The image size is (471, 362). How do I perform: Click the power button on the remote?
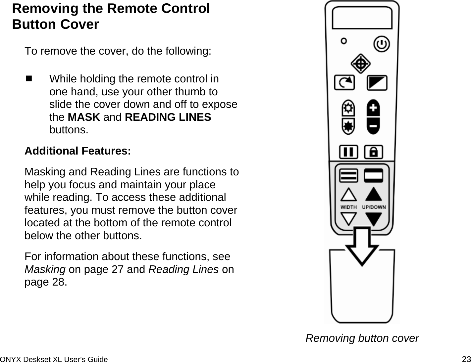(x=382, y=44)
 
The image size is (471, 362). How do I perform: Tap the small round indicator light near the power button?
(x=344, y=41)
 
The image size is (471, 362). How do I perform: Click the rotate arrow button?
(x=344, y=83)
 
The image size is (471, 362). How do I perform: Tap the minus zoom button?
(x=373, y=126)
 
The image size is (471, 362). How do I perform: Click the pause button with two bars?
(x=348, y=152)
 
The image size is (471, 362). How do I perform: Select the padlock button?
(x=373, y=152)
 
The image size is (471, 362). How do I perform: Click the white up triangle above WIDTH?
(x=348, y=195)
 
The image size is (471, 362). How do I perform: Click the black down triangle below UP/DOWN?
(x=374, y=219)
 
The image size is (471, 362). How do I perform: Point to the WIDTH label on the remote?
(x=349, y=207)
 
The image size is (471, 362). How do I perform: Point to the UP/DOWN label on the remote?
(x=374, y=207)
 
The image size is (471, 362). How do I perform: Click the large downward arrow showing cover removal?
(x=362, y=247)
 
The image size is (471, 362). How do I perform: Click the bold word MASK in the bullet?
(x=84, y=117)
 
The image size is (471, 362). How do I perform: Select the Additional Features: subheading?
(x=78, y=151)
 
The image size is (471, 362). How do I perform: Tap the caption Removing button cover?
(x=362, y=338)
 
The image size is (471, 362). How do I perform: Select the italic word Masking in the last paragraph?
(x=45, y=270)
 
